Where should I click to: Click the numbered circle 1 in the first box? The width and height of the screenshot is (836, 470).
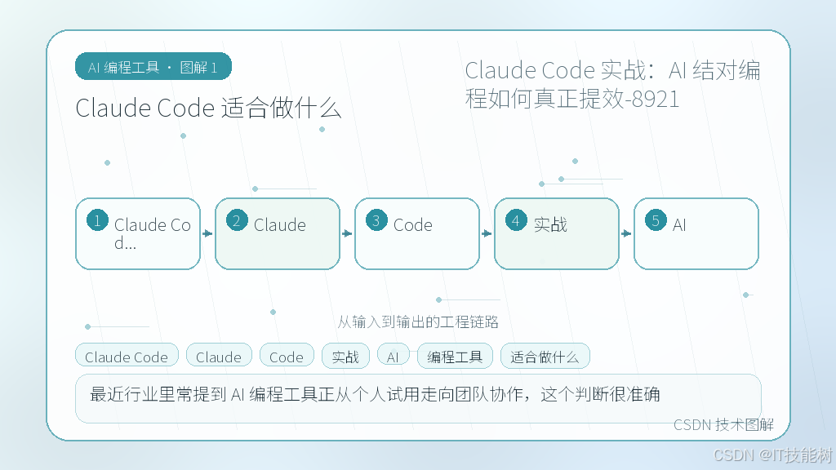pyautogui.click(x=98, y=220)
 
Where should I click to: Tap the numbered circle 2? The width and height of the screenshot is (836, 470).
pyautogui.click(x=237, y=220)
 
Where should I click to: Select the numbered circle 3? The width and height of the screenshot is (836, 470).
pyautogui.click(x=376, y=220)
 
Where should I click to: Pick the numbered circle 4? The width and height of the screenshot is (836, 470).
pyautogui.click(x=516, y=220)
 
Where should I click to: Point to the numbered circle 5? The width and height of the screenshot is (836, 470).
pyautogui.click(x=656, y=220)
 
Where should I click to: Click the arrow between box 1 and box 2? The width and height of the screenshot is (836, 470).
pyautogui.click(x=207, y=233)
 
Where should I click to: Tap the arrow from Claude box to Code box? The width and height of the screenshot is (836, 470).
pyautogui.click(x=347, y=233)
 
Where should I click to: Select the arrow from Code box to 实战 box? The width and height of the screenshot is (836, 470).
pyautogui.click(x=487, y=233)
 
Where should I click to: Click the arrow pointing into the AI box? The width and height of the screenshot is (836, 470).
pyautogui.click(x=626, y=233)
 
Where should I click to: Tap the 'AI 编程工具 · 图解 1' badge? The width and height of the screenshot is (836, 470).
pyautogui.click(x=153, y=67)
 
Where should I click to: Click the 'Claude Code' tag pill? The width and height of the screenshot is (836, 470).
pyautogui.click(x=127, y=356)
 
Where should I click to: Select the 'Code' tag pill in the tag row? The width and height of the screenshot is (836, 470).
pyautogui.click(x=287, y=356)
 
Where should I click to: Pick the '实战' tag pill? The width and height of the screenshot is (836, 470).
pyautogui.click(x=345, y=356)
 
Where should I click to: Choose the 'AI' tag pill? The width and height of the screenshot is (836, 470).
pyautogui.click(x=393, y=356)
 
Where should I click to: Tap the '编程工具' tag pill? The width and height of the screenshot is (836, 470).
pyautogui.click(x=455, y=356)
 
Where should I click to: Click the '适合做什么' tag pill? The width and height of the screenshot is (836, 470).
pyautogui.click(x=545, y=356)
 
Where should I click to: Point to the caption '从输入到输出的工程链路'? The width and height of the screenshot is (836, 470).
pyautogui.click(x=418, y=321)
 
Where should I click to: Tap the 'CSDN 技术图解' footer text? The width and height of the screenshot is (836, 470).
pyautogui.click(x=723, y=424)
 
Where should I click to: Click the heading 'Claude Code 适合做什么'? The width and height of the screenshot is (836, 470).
pyautogui.click(x=208, y=109)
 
